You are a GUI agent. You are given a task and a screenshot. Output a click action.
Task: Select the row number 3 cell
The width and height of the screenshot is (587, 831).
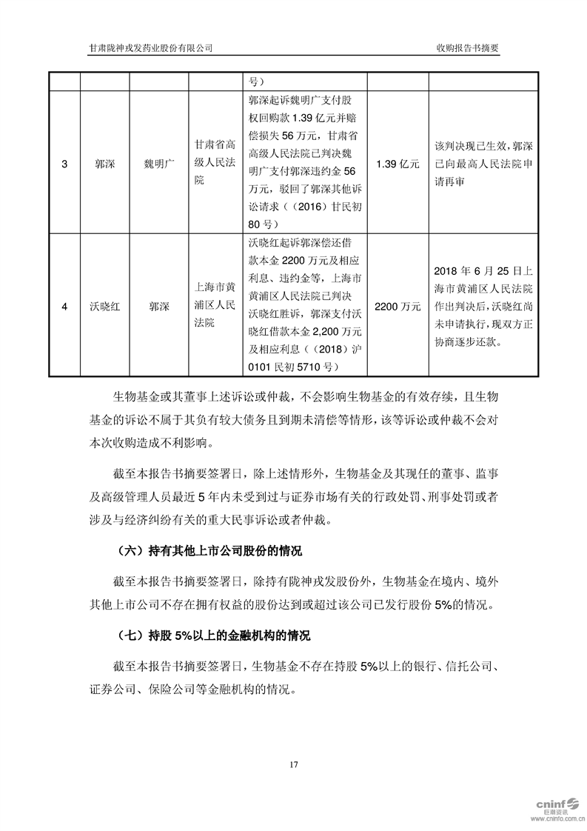tap(64, 164)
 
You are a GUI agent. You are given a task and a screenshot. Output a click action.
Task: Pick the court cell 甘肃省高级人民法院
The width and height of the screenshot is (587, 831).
tap(214, 164)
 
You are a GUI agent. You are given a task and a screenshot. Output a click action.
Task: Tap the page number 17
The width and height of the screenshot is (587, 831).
tap(293, 764)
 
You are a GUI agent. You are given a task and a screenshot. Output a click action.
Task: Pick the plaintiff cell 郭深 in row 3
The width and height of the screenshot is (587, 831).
tap(104, 164)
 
